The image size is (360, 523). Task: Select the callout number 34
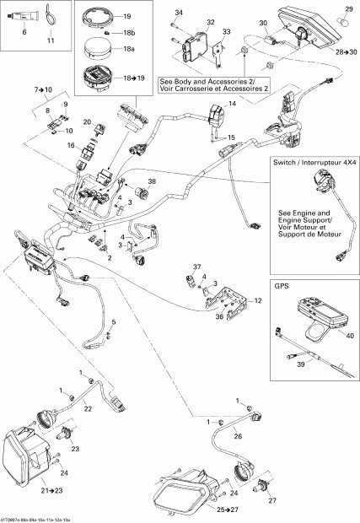[x=179, y=12]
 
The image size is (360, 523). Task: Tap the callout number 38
[x=152, y=182]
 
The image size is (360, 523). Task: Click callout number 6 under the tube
[x=24, y=31]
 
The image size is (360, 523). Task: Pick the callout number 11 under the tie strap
[x=50, y=40]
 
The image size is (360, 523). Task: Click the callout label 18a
[x=130, y=50]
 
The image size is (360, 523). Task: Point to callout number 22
[x=88, y=409]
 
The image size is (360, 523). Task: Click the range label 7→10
[x=43, y=89]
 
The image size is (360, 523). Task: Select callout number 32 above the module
[x=210, y=22]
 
